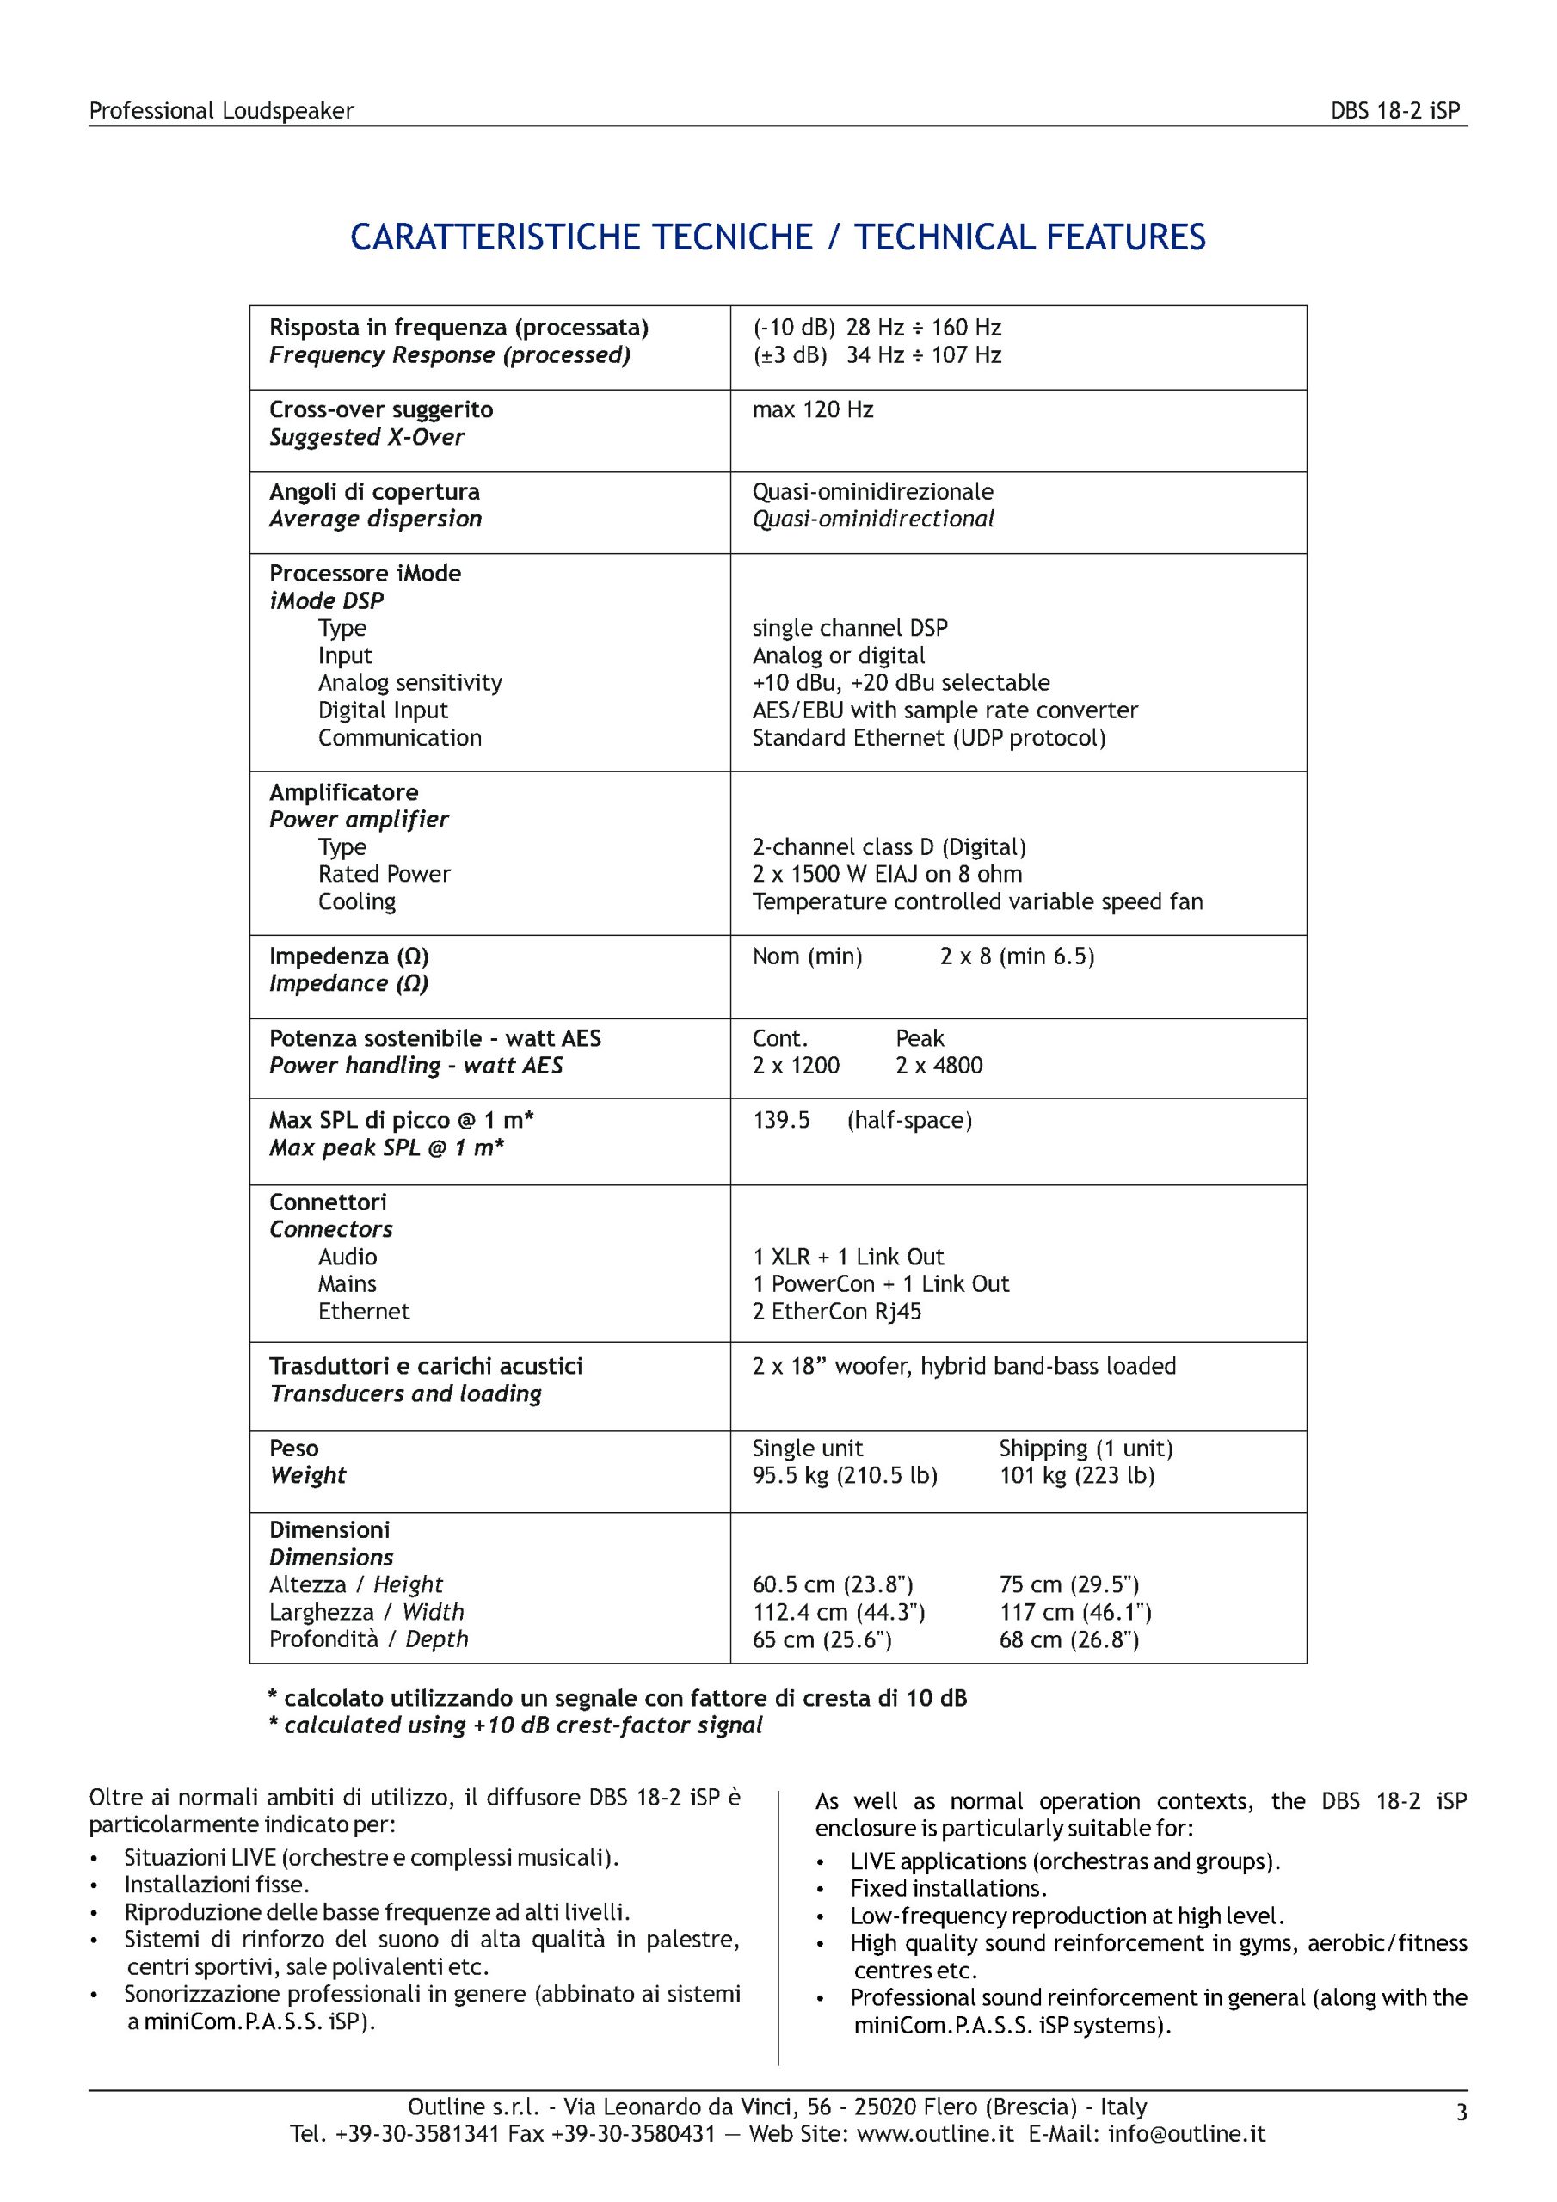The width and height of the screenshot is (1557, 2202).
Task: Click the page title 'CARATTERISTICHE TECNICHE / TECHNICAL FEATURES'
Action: (777, 237)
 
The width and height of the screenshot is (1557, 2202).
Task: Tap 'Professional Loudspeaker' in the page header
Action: (222, 111)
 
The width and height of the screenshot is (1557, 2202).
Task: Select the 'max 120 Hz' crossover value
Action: (813, 410)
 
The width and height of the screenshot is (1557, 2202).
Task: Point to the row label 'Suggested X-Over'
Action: (366, 437)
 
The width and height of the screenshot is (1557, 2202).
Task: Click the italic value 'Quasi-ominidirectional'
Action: (873, 519)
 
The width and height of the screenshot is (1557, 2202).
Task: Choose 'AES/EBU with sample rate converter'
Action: (945, 710)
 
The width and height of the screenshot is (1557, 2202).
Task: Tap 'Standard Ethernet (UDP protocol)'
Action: (929, 739)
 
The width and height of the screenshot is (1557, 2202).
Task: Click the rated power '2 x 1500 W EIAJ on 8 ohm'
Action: (888, 874)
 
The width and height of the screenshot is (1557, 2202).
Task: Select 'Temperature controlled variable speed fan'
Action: (977, 901)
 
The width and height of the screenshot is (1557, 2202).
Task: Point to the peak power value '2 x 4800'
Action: (939, 1066)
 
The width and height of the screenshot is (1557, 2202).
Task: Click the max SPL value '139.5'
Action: (781, 1120)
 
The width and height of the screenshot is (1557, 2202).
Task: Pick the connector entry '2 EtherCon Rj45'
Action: (836, 1311)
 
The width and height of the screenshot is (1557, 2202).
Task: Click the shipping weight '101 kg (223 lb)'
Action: (1076, 1475)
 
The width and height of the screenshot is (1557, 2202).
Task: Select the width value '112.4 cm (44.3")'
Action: (839, 1612)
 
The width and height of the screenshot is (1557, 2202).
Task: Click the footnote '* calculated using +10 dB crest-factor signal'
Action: (515, 1725)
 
